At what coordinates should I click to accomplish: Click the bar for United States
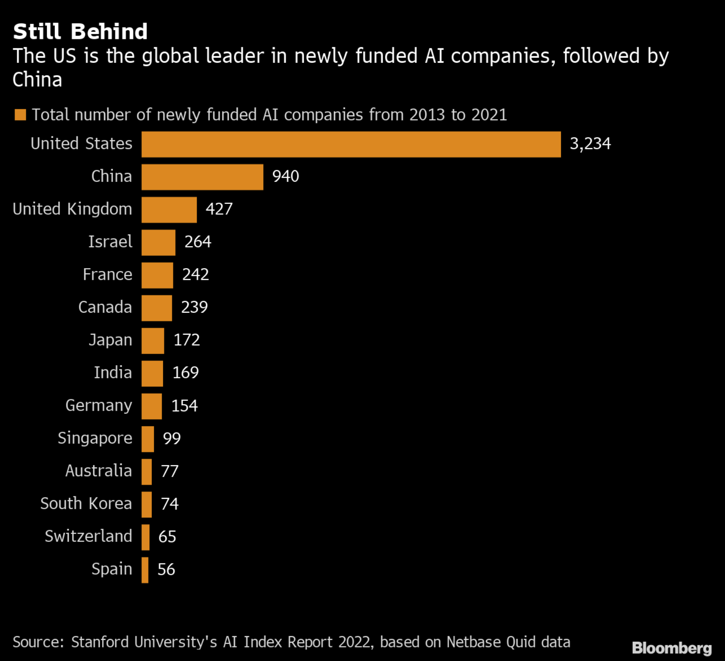tap(351, 144)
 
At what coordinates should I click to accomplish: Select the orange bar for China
tap(202, 177)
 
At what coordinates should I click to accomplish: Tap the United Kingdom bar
tap(169, 210)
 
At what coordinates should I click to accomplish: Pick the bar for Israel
tap(158, 242)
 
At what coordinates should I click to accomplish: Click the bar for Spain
tap(145, 570)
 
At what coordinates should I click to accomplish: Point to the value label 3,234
tap(590, 144)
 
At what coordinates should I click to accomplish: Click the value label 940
tap(285, 177)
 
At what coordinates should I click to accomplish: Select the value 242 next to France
tap(195, 275)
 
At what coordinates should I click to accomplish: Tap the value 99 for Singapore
tap(171, 438)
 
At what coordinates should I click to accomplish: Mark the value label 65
tap(167, 537)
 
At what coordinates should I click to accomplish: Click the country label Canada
tap(105, 308)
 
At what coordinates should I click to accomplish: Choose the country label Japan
tap(111, 340)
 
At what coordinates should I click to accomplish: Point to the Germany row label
tap(99, 406)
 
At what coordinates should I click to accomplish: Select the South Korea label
tap(86, 504)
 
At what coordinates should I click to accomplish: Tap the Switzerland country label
tap(89, 537)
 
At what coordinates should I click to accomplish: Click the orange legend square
tap(20, 115)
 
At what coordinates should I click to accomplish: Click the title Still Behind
tap(80, 32)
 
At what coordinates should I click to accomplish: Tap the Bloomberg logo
tap(671, 648)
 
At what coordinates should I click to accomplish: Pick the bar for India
tap(152, 374)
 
